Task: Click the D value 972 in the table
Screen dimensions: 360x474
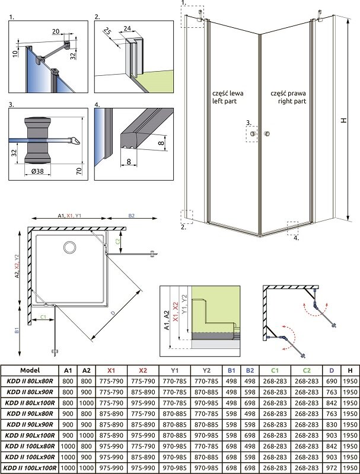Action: coord(332,468)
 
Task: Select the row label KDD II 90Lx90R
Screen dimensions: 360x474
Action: coord(30,424)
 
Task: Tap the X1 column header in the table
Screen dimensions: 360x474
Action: coord(111,370)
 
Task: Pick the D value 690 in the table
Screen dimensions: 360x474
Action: coord(332,381)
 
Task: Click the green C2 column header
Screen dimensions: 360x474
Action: coord(307,370)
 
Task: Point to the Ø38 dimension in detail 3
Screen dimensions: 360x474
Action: coord(37,171)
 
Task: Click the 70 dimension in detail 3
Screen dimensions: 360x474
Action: coord(79,171)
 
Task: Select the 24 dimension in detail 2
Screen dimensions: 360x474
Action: coord(128,28)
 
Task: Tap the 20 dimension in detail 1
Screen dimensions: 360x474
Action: coord(56,31)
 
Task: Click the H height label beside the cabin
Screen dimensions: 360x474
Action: coord(343,120)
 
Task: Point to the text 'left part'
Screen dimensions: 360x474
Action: coord(224,101)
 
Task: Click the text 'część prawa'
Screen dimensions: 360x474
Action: coord(288,94)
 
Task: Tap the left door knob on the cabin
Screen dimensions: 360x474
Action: coord(253,134)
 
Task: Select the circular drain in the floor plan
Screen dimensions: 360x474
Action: coord(70,247)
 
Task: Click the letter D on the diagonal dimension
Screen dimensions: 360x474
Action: coord(113,313)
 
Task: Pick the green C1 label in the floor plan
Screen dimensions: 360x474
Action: coord(43,317)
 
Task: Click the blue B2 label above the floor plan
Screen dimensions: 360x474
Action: coord(131,216)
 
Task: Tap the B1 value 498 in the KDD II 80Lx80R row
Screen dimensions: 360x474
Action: coord(231,381)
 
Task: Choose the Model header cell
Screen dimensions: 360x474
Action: coord(30,370)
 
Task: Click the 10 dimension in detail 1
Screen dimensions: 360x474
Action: coord(15,53)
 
